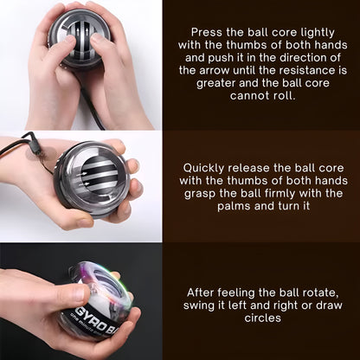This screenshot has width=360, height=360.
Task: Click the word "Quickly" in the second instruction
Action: (x=203, y=169)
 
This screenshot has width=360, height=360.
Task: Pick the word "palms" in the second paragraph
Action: (x=234, y=207)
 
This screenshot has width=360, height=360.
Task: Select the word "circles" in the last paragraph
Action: (x=262, y=318)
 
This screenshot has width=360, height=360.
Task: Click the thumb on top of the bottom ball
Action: (x=72, y=294)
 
